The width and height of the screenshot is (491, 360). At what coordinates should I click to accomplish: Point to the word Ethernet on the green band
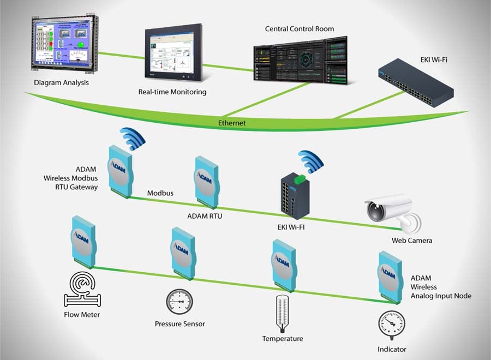click(x=232, y=123)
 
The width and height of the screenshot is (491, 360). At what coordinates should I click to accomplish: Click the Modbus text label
click(x=160, y=193)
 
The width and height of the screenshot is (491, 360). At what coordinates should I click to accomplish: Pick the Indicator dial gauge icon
click(x=391, y=325)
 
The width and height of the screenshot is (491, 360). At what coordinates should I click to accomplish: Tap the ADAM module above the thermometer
click(x=284, y=265)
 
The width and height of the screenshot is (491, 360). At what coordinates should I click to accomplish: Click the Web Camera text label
click(x=412, y=241)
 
